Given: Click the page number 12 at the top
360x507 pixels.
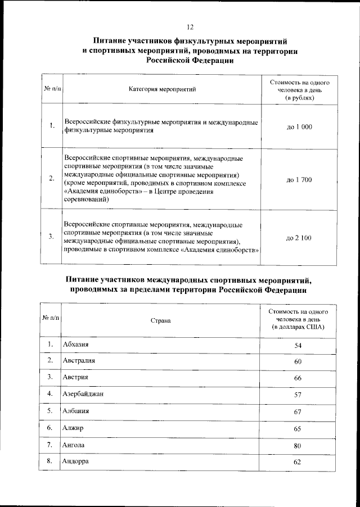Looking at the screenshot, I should pos(190,26).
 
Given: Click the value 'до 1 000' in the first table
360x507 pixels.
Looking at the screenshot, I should pos(299,127).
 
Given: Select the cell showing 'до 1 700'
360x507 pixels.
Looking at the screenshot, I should pos(299,180).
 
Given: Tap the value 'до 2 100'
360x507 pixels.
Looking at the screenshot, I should pos(299,238).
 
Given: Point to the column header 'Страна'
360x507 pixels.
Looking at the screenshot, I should pos(160,320).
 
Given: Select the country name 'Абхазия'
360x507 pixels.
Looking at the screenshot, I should pos(77,344).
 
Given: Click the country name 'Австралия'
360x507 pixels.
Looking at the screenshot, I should pos(79,360).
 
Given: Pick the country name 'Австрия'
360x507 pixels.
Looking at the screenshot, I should pos(76,377).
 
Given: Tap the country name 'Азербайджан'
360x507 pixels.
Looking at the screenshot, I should pos(83,394).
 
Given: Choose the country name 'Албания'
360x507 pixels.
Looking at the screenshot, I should pos(76,411).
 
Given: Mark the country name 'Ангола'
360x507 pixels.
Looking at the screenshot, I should pos(74,445).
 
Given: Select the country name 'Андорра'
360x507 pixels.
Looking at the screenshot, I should pos(76,461).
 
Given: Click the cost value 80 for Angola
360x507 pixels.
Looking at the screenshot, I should pos(298,446).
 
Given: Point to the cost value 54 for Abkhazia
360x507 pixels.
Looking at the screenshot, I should pos(298,345).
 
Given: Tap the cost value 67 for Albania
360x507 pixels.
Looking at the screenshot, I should pos(298,412).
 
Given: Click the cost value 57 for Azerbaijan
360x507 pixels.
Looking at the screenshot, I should pos(298,395).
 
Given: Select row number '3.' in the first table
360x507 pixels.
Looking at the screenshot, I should pos(51,236).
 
